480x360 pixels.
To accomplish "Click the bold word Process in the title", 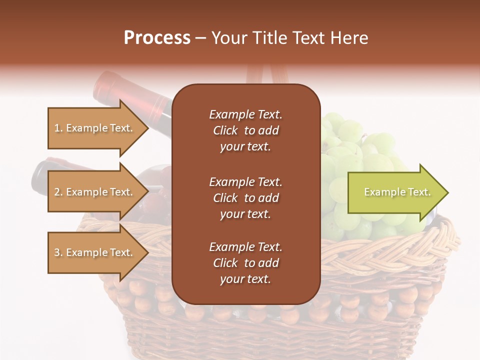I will pos(157,38).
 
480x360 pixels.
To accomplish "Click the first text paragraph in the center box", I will pos(245,130).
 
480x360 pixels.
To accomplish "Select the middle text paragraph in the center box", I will pos(245,198).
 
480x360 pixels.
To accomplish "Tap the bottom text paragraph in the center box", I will pos(245,263).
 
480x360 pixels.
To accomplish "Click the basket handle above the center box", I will pos(270,75).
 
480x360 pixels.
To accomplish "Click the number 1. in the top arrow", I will pos(58,128).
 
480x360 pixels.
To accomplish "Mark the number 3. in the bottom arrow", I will pos(58,252).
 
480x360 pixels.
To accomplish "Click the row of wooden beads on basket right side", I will pos(390,300).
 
